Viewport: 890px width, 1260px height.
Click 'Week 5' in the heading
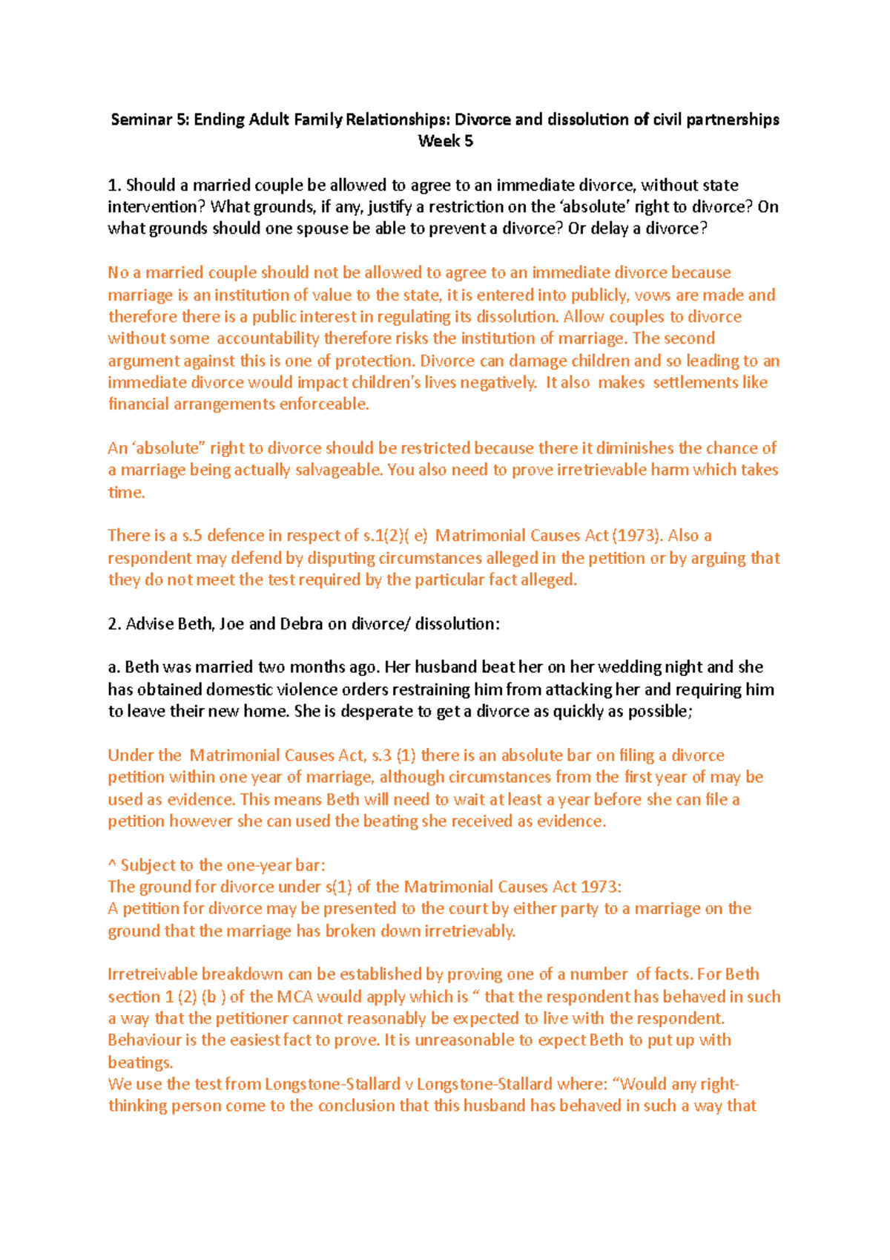[445, 141]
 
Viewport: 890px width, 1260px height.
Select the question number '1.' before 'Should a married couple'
[114, 185]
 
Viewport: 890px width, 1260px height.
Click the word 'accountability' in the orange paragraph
[267, 338]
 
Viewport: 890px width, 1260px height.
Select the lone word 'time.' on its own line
[126, 492]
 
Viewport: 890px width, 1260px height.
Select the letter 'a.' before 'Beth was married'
[114, 667]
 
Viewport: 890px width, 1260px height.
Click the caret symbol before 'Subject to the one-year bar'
[112, 865]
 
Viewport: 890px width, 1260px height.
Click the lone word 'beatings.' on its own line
[140, 1062]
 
